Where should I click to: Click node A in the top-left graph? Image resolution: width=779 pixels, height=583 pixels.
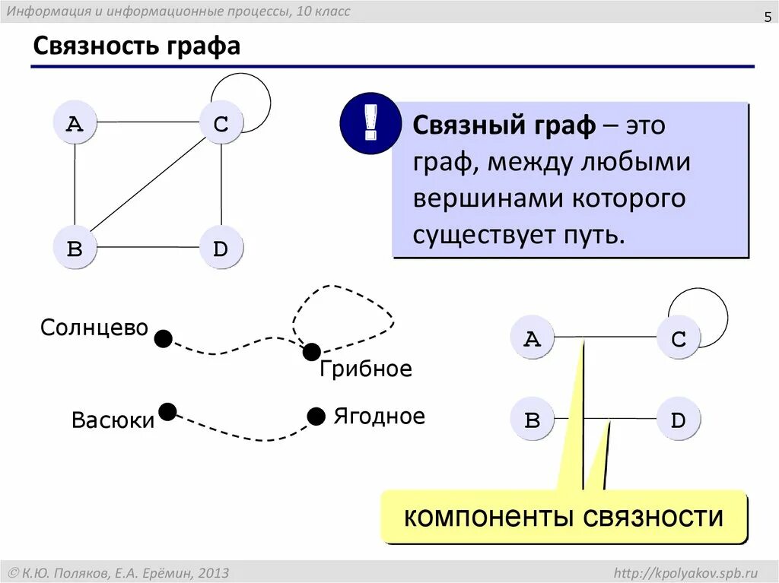tap(75, 122)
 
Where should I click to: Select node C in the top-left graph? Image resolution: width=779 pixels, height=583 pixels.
tap(221, 122)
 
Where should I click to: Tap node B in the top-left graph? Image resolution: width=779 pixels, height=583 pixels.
tap(75, 248)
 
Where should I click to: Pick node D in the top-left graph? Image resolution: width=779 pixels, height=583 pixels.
tap(221, 248)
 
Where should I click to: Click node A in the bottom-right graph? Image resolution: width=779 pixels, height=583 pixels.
tap(532, 337)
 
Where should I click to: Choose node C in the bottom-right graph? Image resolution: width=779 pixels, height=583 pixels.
tap(679, 337)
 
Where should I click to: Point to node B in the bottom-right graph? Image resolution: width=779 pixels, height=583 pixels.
tap(532, 419)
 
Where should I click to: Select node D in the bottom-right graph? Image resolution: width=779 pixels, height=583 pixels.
tap(679, 419)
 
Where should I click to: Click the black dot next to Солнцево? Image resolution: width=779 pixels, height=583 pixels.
tap(163, 338)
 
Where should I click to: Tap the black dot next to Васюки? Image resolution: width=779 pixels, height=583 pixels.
tap(167, 412)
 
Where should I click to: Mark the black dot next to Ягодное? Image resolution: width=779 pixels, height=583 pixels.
tap(316, 416)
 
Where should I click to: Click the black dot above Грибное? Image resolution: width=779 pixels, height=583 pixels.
tap(311, 352)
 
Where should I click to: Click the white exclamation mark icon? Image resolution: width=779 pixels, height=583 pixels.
tap(370, 123)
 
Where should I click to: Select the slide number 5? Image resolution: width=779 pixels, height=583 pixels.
tap(768, 18)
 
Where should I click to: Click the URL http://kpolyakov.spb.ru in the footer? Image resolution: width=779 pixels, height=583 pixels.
tap(686, 572)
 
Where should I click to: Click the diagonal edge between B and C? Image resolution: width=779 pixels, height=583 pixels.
tap(148, 185)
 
